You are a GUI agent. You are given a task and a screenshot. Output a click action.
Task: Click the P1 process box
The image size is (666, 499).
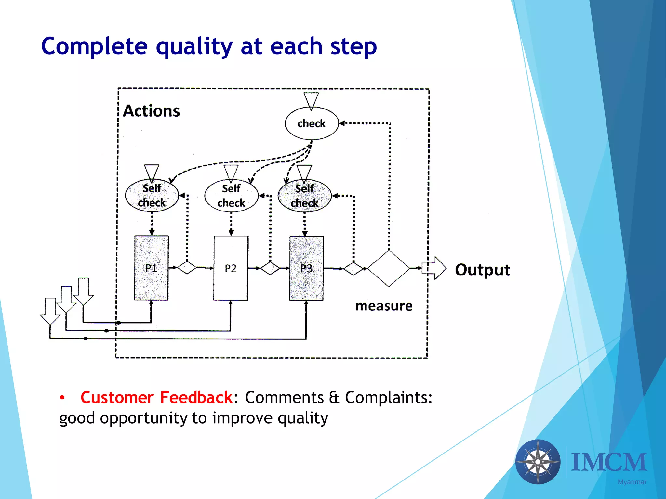(x=152, y=268)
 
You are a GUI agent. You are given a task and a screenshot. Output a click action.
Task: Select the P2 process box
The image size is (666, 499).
(x=231, y=268)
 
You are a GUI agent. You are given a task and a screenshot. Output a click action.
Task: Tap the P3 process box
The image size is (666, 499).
(x=306, y=268)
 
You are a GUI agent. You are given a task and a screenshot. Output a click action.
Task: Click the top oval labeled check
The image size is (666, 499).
(x=312, y=123)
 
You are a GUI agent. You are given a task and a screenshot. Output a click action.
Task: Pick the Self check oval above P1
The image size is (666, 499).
(x=152, y=195)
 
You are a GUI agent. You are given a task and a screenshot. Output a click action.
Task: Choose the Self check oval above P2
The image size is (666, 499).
(x=231, y=196)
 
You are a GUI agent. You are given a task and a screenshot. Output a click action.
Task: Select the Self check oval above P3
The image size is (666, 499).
(x=304, y=196)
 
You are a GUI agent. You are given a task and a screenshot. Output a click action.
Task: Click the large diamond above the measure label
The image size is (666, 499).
(x=389, y=268)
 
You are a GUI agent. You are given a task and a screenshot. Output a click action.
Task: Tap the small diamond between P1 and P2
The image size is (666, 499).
(x=187, y=267)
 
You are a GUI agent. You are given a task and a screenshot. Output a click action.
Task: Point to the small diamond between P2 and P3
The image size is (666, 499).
(x=270, y=268)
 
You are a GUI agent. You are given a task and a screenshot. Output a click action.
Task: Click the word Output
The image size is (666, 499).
(x=482, y=270)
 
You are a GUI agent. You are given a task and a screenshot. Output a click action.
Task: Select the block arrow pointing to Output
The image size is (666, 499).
(x=435, y=268)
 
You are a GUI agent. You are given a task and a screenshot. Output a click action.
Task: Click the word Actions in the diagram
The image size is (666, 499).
(x=152, y=111)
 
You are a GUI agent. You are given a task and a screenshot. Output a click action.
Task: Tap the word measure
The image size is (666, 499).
(x=384, y=306)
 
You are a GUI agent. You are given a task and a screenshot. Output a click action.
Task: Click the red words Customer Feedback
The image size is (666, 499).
(x=156, y=397)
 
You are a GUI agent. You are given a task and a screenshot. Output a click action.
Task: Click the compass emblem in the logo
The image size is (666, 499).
(x=538, y=462)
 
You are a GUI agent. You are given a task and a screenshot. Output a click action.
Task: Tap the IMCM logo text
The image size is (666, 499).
(x=609, y=462)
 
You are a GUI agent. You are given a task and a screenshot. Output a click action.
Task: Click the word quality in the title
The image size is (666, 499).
(x=194, y=46)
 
